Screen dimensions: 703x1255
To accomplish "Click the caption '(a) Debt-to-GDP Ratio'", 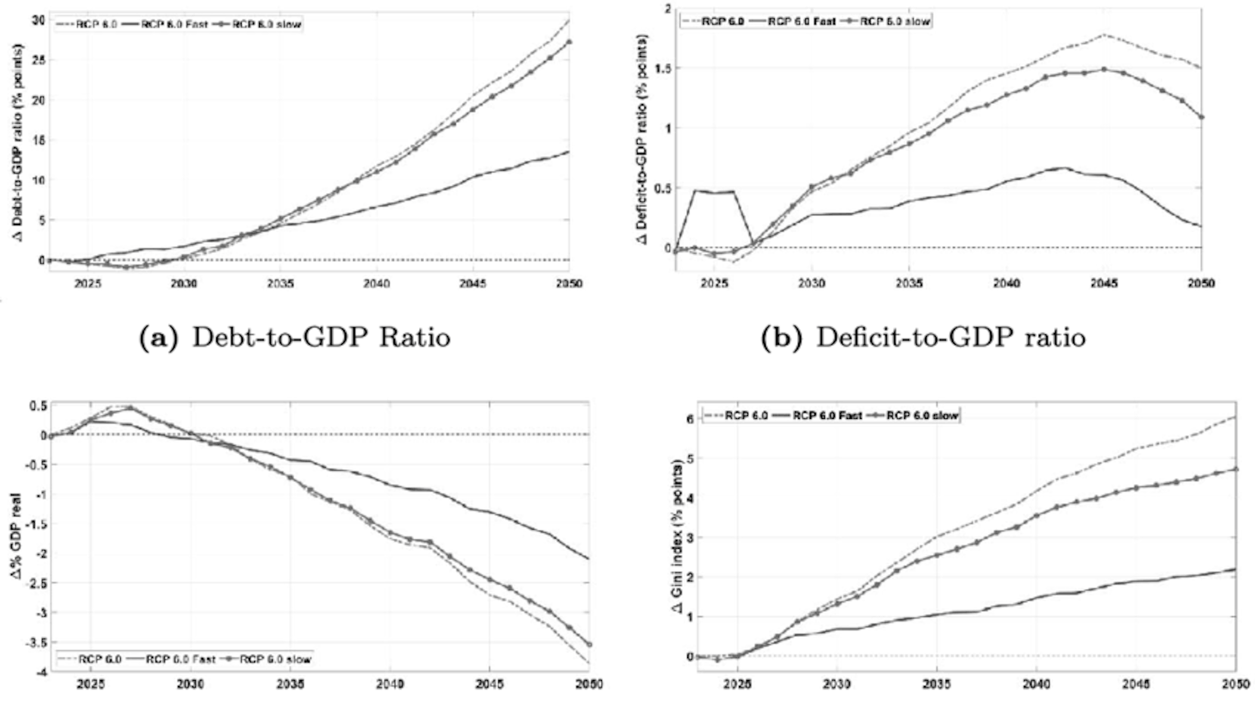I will coord(295,338).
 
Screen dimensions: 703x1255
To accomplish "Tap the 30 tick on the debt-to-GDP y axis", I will coord(39,20).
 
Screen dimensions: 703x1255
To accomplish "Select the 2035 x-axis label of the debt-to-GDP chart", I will coord(280,284).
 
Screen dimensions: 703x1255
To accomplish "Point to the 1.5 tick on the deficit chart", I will coord(661,68).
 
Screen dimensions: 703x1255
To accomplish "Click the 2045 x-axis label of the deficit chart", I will coord(1104,284).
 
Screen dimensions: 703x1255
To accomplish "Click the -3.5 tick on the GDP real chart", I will coord(34,643).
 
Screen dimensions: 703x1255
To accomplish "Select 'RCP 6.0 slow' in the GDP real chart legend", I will coord(275,660).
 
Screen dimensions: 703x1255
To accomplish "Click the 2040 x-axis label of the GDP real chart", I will coord(390,684).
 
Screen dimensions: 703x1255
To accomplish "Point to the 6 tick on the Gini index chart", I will coord(689,419).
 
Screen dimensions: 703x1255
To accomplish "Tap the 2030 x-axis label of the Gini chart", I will coord(836,684).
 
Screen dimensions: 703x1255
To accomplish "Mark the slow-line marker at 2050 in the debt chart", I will coord(569,42).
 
